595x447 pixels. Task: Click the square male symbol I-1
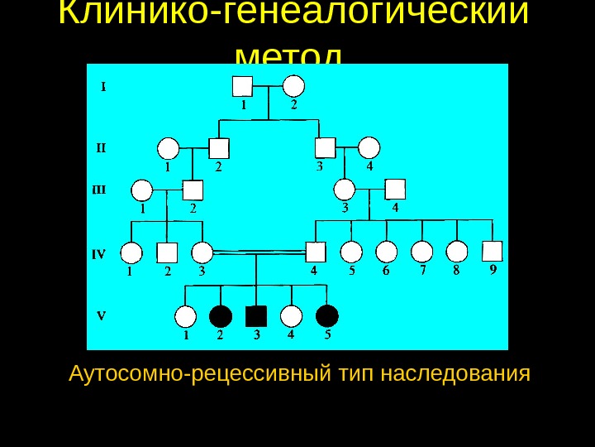[x=242, y=86]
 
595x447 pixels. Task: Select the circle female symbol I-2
[x=294, y=86]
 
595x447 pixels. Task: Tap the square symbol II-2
[x=218, y=148]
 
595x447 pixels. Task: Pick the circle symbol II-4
[x=369, y=148]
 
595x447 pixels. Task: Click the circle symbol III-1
[x=141, y=191]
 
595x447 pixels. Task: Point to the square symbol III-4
[x=395, y=190]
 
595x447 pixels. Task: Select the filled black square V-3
[x=256, y=315]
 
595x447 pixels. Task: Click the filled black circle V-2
[x=221, y=315]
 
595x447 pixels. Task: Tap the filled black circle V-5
[x=327, y=315]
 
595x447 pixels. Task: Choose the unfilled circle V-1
[x=186, y=316]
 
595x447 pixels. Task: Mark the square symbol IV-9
[x=493, y=251]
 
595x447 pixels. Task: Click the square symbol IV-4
[x=315, y=252]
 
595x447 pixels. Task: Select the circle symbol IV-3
[x=202, y=252]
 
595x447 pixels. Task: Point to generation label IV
[x=98, y=254]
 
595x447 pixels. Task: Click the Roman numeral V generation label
[x=101, y=315]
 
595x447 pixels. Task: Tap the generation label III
[x=98, y=190]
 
